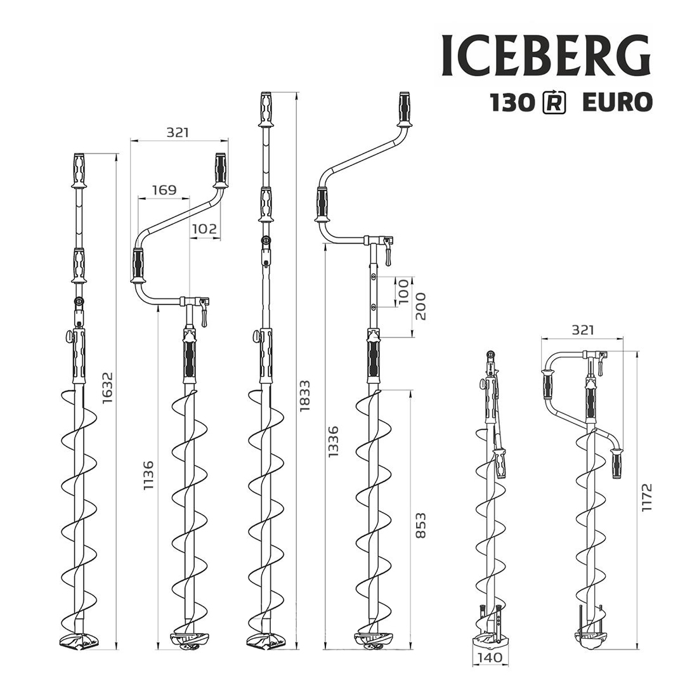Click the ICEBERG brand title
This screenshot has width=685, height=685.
point(545,56)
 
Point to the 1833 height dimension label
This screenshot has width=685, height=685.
point(304,396)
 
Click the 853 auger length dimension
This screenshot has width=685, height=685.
point(421,525)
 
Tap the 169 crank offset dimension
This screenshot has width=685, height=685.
point(164,190)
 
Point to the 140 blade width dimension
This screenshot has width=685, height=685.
point(488,657)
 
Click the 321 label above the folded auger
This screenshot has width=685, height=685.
point(583,330)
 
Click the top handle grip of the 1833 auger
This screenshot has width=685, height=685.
point(266,109)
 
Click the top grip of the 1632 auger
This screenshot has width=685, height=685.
point(79,170)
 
